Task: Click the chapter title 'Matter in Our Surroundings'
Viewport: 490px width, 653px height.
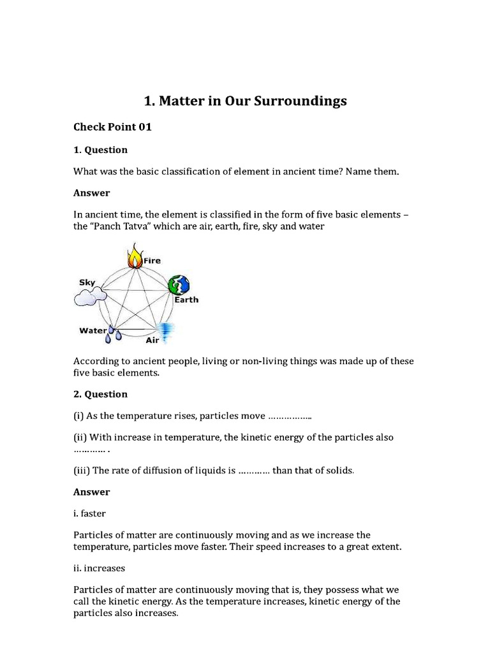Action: (245, 101)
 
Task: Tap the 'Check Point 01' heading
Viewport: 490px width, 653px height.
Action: (113, 127)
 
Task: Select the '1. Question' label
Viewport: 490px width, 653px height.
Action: (101, 150)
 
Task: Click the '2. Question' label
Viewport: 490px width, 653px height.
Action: (101, 394)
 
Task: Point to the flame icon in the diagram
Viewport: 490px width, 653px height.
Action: (135, 258)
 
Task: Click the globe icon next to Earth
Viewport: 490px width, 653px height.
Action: (179, 285)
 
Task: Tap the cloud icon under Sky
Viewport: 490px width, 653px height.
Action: (89, 296)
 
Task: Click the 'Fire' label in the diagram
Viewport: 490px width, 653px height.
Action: (152, 261)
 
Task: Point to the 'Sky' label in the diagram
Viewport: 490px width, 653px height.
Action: (87, 282)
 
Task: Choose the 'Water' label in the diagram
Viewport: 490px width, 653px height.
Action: (93, 330)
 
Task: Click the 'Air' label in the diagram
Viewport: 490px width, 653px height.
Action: (152, 341)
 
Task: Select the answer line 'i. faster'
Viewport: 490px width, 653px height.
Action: (91, 513)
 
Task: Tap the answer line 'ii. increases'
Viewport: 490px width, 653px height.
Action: (100, 567)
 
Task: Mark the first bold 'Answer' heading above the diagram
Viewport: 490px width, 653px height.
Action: (92, 193)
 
